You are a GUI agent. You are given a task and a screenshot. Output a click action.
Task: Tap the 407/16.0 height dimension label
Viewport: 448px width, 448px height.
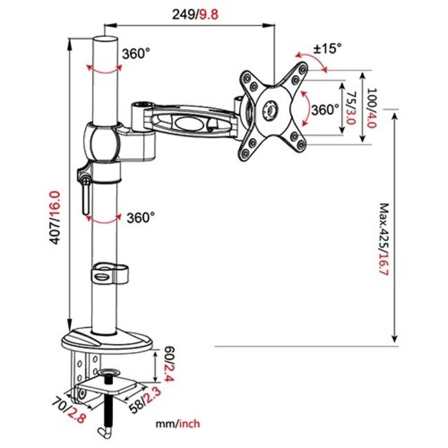tap(61, 218)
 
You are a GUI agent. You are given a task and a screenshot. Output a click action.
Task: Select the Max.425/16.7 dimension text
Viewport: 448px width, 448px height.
tap(385, 238)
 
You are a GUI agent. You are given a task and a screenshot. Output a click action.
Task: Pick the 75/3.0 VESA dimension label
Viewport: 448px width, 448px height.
tap(351, 107)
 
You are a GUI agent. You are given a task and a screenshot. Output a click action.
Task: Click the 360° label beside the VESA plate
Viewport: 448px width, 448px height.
tap(325, 109)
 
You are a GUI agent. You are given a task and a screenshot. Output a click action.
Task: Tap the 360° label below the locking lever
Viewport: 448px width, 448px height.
tap(141, 217)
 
